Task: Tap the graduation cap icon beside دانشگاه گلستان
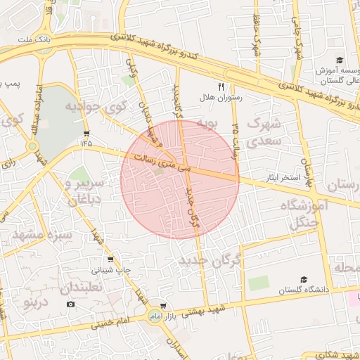[303, 279]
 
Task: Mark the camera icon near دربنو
[70, 304]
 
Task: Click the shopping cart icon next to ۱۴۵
[86, 133]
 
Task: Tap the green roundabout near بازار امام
[154, 317]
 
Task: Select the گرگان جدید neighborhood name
[210, 261]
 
